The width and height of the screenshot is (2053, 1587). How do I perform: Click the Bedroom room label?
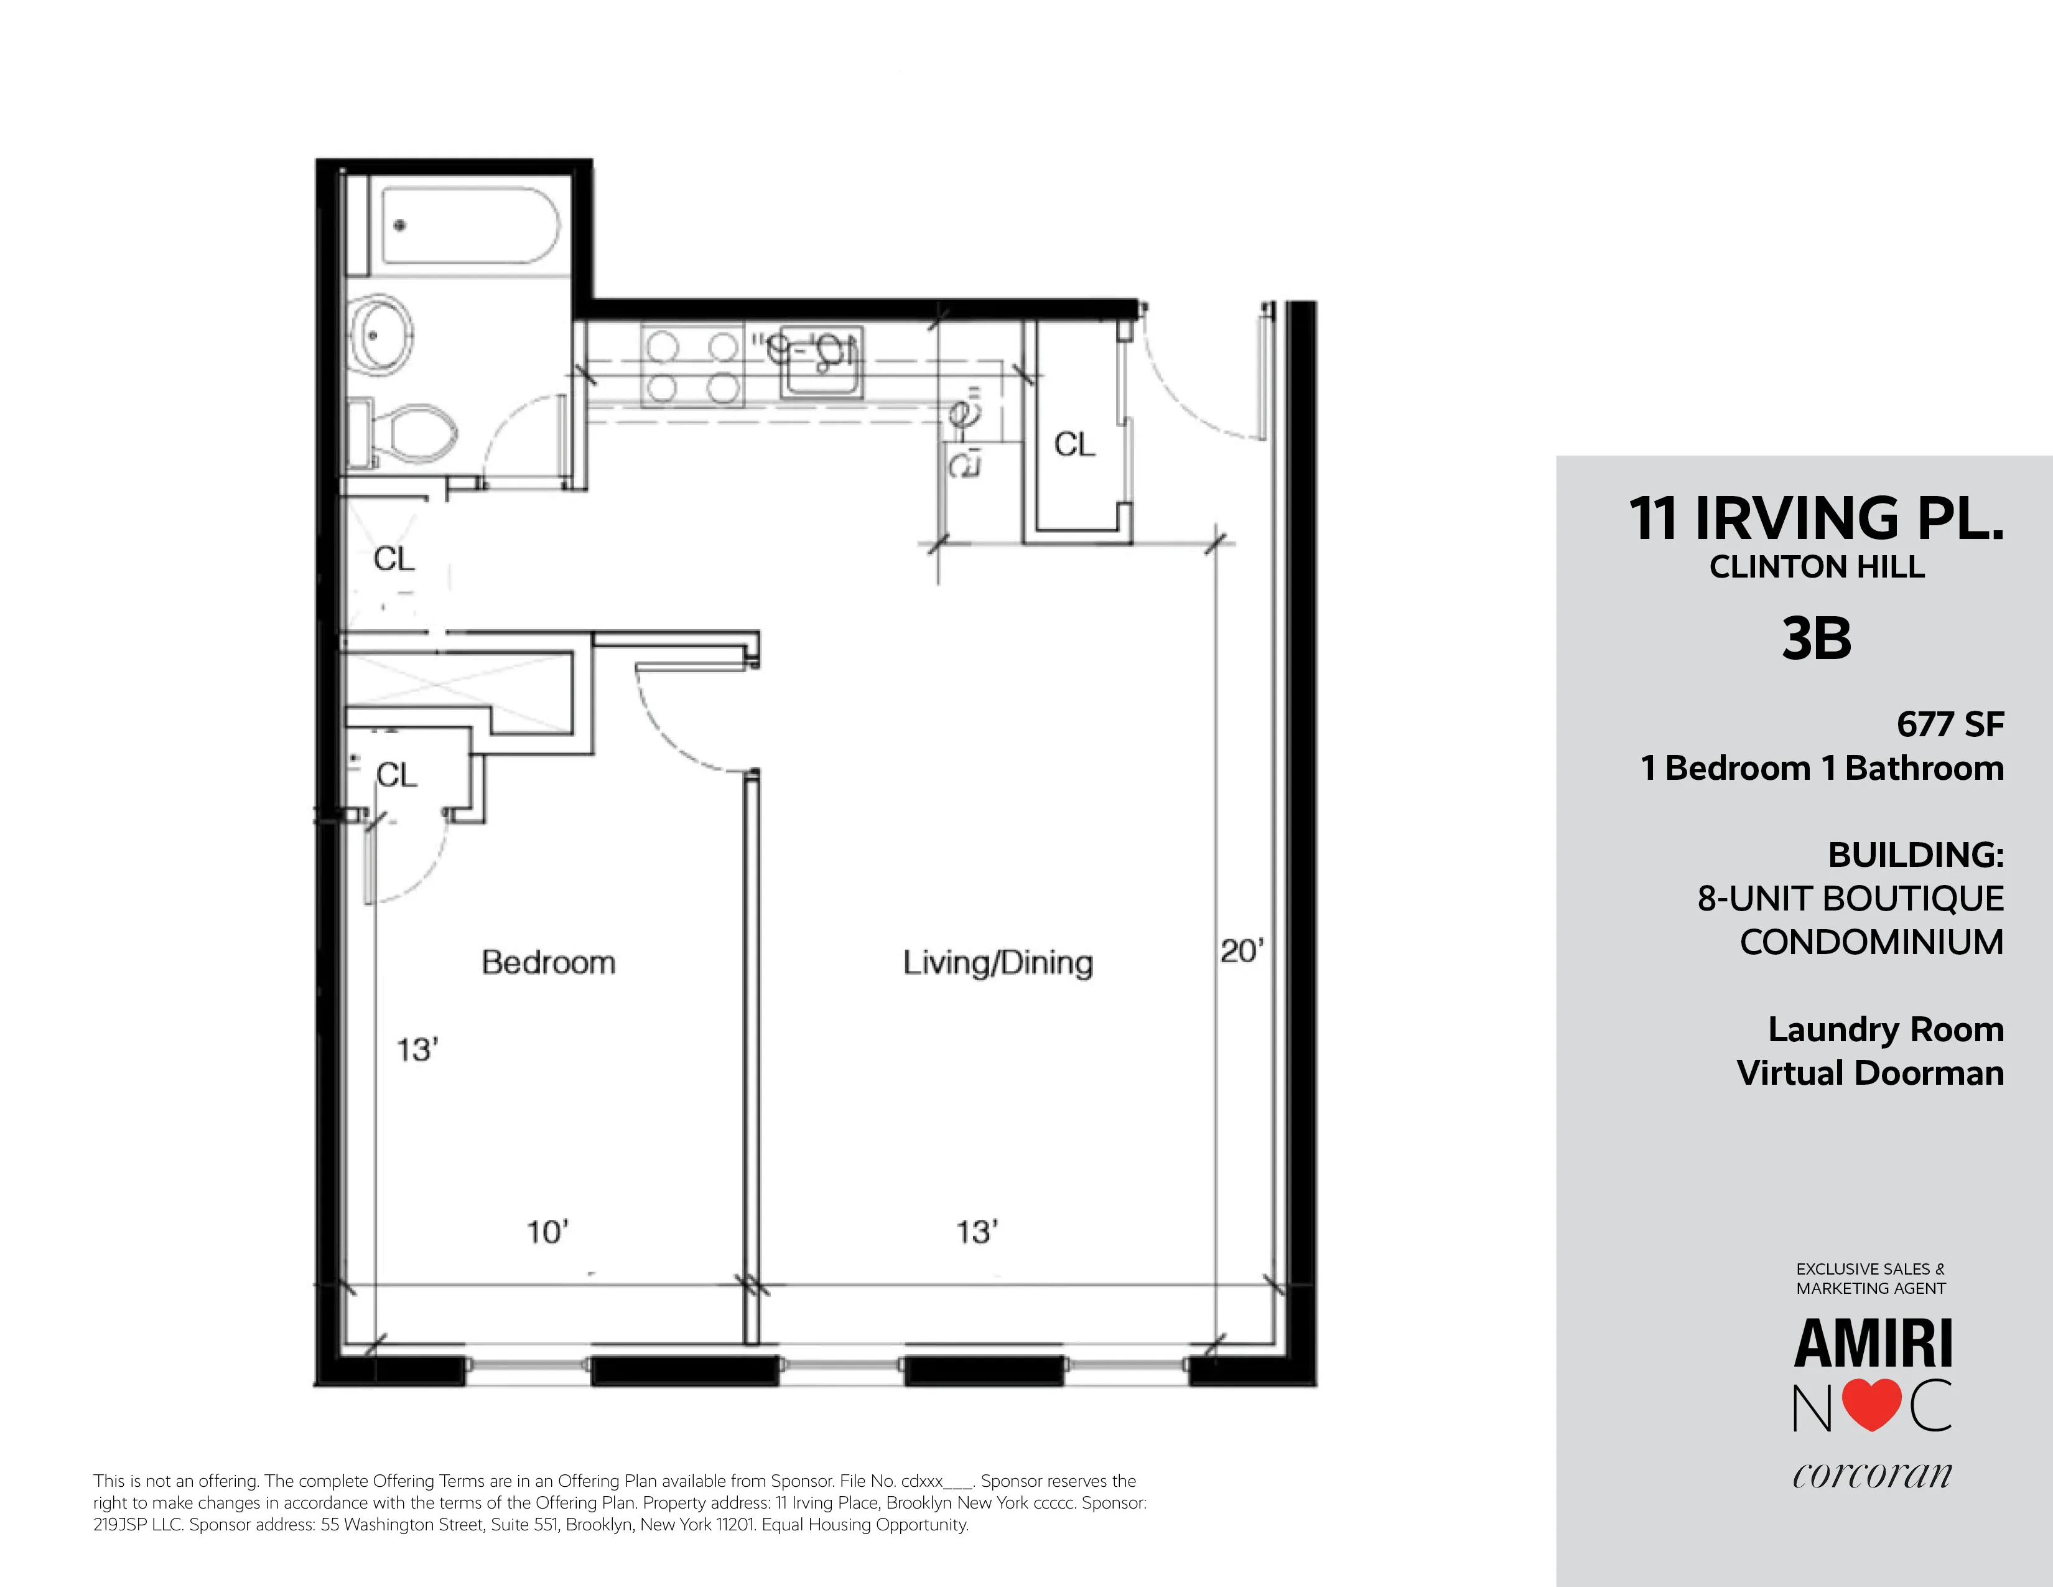coord(548,962)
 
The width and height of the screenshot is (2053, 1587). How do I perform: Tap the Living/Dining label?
coord(997,963)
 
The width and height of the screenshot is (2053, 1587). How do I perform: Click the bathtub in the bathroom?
coord(470,226)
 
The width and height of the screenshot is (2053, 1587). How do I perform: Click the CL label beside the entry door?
coord(1074,444)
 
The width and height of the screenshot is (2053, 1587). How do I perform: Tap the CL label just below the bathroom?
coord(394,558)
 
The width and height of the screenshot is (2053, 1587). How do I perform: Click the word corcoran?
coord(1871,1474)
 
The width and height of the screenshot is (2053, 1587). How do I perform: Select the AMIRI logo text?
coord(1873,1344)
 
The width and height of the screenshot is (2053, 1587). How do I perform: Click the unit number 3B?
coord(1816,639)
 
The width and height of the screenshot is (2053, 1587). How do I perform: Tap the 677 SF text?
coord(1950,724)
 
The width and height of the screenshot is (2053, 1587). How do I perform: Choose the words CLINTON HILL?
coord(1816,567)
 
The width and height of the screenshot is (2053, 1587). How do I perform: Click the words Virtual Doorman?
coord(1869,1073)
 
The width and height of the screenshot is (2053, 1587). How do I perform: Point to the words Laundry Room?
coord(1885,1029)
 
